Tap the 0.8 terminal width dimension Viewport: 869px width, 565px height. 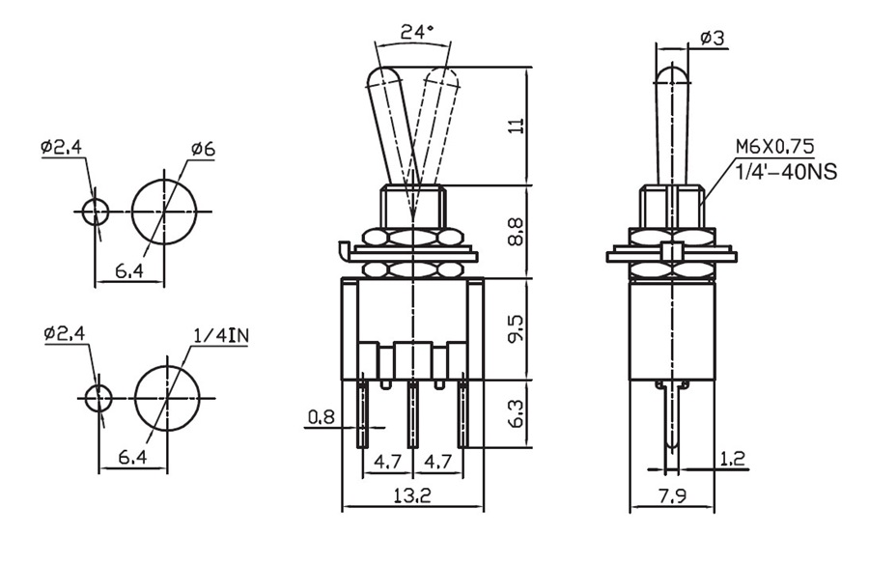pyautogui.click(x=321, y=418)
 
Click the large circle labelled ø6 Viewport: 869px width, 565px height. pyautogui.click(x=163, y=212)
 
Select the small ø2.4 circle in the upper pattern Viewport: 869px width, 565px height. pyautogui.click(x=95, y=212)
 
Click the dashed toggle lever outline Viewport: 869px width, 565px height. pyautogui.click(x=436, y=126)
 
